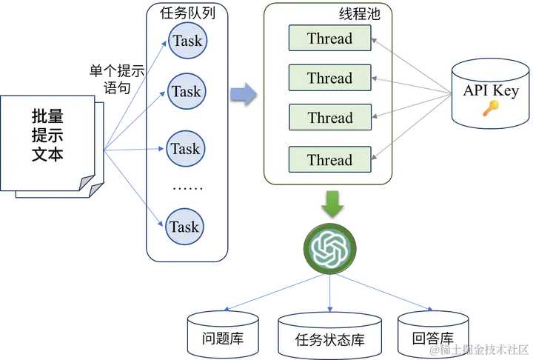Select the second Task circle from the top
[x=186, y=92]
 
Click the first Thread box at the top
[x=330, y=39]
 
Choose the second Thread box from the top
[x=330, y=78]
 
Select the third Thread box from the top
[x=330, y=117]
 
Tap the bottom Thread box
[x=330, y=159]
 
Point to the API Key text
[x=491, y=90]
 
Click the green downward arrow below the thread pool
[x=332, y=201]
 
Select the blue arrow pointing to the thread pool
[x=242, y=93]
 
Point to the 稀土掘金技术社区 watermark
[x=480, y=349]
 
